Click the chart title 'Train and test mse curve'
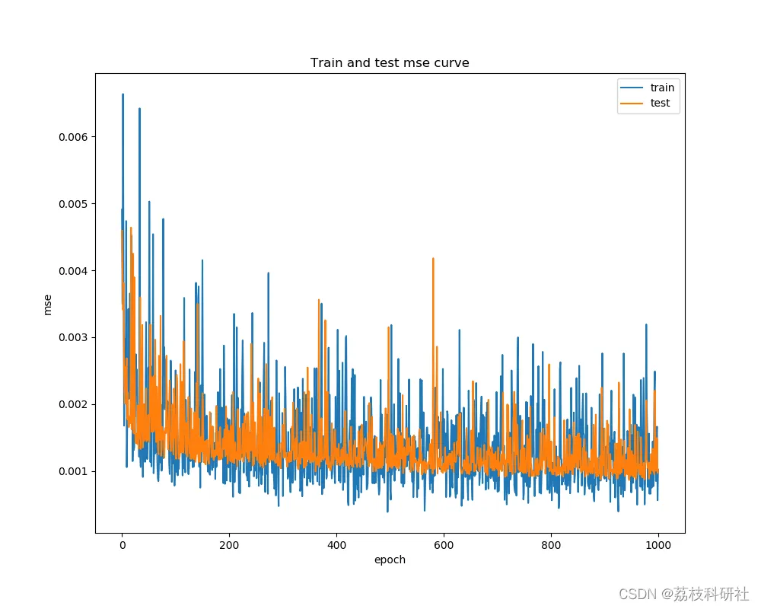coord(390,62)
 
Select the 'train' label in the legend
coord(662,88)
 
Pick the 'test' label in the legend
coord(660,103)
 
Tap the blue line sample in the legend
coord(632,88)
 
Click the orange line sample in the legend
coord(632,103)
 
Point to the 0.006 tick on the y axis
coord(72,137)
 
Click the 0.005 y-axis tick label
coord(72,204)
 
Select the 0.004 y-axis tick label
coord(72,271)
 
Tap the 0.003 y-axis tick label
coord(72,337)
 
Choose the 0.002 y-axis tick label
coord(72,404)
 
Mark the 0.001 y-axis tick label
coord(72,471)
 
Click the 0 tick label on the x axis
coord(122,545)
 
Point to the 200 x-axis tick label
coord(229,545)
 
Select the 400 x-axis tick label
coord(336,545)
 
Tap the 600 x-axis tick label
coord(444,545)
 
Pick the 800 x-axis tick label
coord(551,545)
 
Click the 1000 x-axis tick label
coord(658,545)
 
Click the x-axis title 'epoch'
coord(390,560)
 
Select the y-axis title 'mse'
coord(48,304)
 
